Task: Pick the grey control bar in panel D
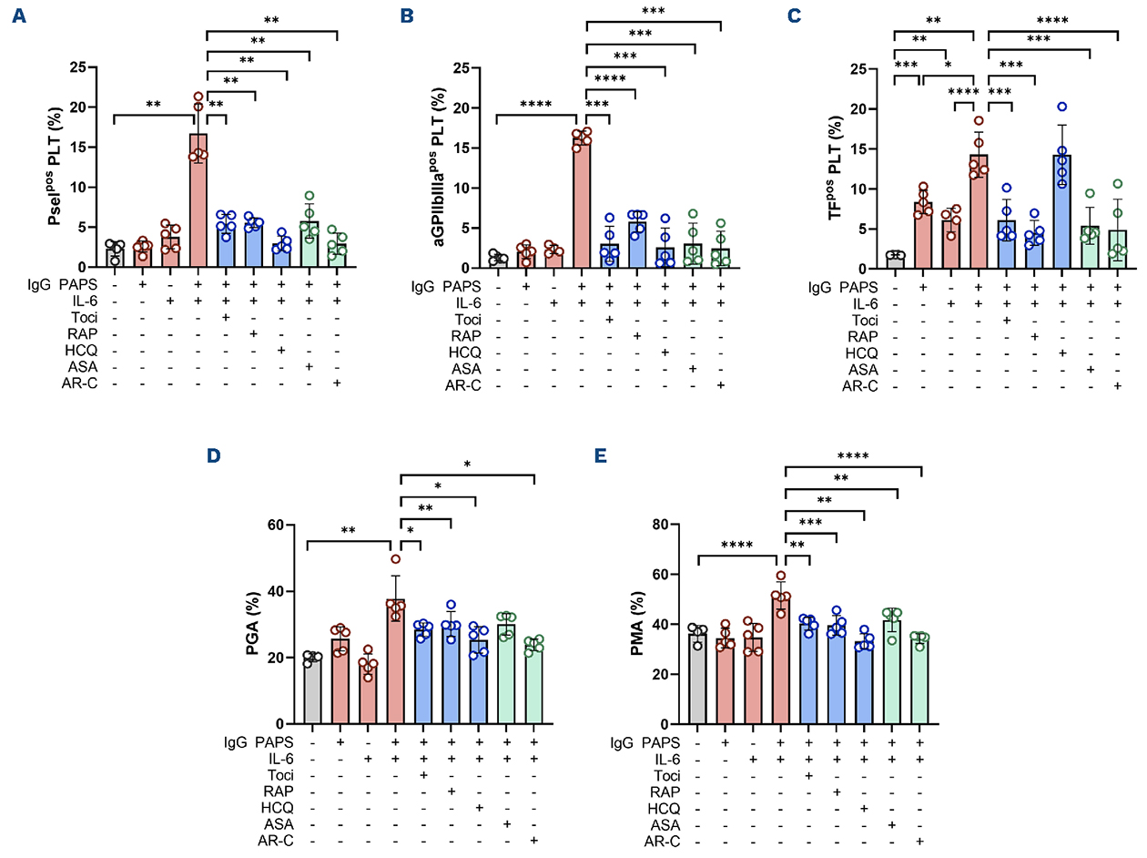(x=312, y=689)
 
